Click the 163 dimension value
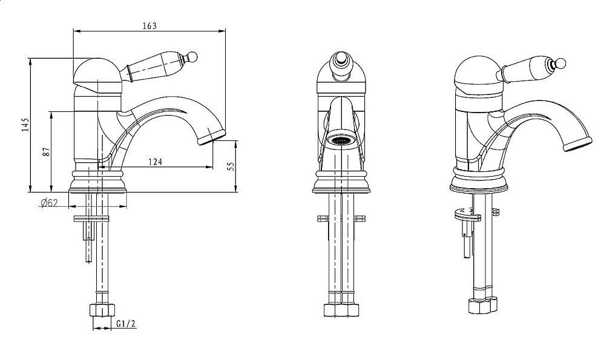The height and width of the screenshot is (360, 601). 149,25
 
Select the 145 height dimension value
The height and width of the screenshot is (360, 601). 25,125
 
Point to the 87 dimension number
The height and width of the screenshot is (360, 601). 46,152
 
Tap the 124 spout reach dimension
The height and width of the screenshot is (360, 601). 155,162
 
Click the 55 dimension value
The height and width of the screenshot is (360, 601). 231,166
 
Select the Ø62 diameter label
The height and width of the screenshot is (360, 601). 49,203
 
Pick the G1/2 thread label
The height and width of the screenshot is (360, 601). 126,324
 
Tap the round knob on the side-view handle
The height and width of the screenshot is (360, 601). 192,57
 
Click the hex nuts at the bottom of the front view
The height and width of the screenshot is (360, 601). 341,310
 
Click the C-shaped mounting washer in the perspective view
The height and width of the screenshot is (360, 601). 468,215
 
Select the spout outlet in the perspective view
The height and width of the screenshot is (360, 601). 577,145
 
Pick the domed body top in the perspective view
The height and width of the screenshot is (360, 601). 478,75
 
